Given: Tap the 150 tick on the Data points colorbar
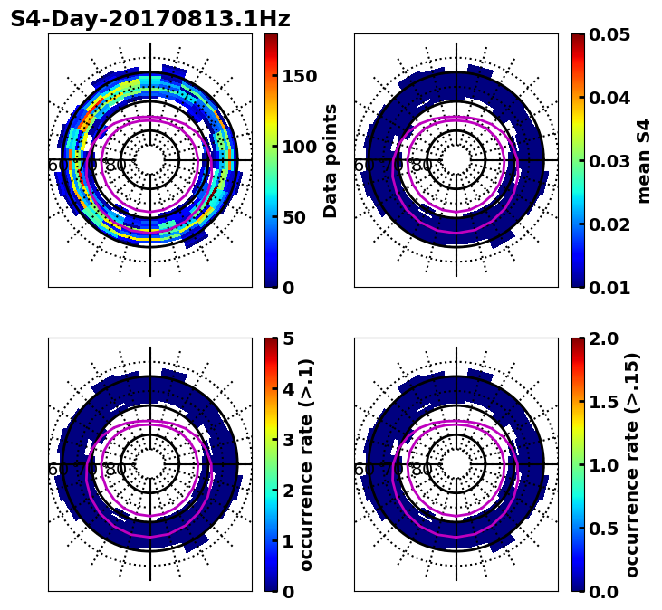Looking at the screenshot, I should coord(299,76).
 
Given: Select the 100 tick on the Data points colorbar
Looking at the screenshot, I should coord(299,147).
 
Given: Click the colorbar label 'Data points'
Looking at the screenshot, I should coord(331,161).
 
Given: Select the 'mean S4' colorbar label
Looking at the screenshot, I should coord(644,161).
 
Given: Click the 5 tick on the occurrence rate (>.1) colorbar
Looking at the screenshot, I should coord(289,338).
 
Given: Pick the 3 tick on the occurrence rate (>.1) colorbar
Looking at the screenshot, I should coord(289,440).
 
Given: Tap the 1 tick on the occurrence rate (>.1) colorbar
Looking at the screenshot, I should coord(289,541).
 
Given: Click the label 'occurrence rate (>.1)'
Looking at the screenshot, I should coord(307,465).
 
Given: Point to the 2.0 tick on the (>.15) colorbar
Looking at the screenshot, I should coord(603,338).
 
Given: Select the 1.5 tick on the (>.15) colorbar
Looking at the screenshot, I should coord(603,402).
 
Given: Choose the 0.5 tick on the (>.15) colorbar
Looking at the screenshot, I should coord(603,529).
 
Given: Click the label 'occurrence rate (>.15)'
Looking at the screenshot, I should coord(632,465).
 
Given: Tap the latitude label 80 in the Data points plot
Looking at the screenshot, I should coord(116,166).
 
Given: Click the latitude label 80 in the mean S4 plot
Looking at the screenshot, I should coord(422,166).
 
